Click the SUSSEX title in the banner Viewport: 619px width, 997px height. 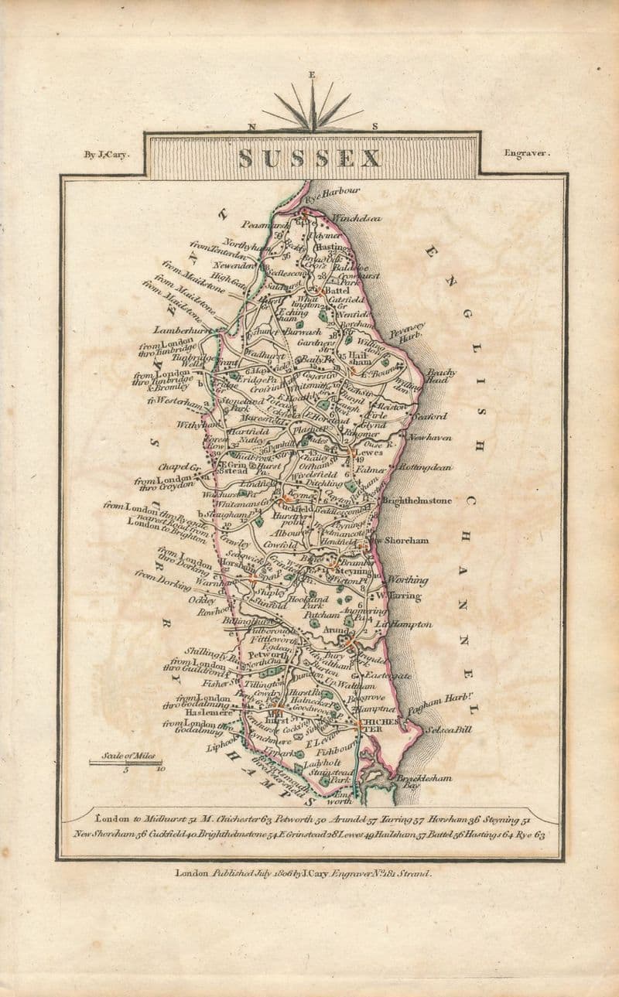(x=309, y=158)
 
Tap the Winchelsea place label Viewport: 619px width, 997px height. (x=356, y=219)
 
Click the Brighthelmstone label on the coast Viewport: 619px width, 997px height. (x=416, y=500)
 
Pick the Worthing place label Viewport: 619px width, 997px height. (x=407, y=579)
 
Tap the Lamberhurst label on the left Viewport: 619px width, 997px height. (x=182, y=329)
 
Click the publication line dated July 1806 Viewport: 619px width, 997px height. (x=303, y=873)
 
